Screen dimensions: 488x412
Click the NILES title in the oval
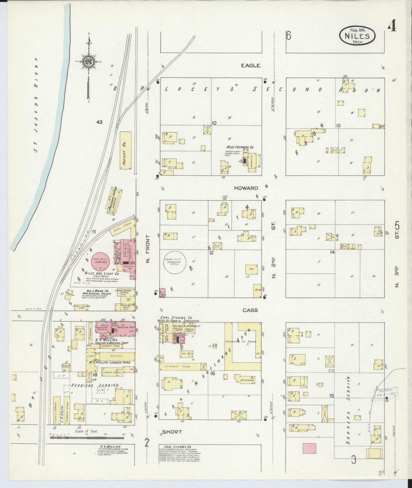pos(357,36)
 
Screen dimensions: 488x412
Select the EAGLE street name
pos(250,65)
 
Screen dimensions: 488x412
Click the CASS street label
pos(250,310)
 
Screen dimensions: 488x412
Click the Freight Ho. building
pos(125,151)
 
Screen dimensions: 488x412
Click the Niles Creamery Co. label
pos(242,147)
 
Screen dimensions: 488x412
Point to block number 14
pos(332,252)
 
